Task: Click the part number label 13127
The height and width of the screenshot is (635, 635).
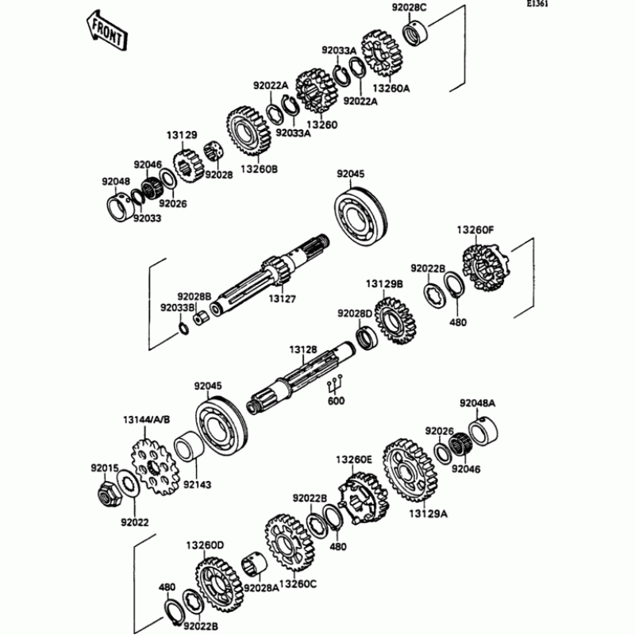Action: [282, 299]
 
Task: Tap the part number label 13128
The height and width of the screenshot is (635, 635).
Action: [302, 349]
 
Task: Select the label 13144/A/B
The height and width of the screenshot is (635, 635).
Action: [146, 419]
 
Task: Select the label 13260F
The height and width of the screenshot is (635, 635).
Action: [475, 230]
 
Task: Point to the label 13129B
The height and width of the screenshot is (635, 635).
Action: [384, 283]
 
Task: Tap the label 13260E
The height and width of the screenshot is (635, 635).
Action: [353, 459]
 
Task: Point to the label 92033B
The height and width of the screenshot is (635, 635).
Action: [177, 307]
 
